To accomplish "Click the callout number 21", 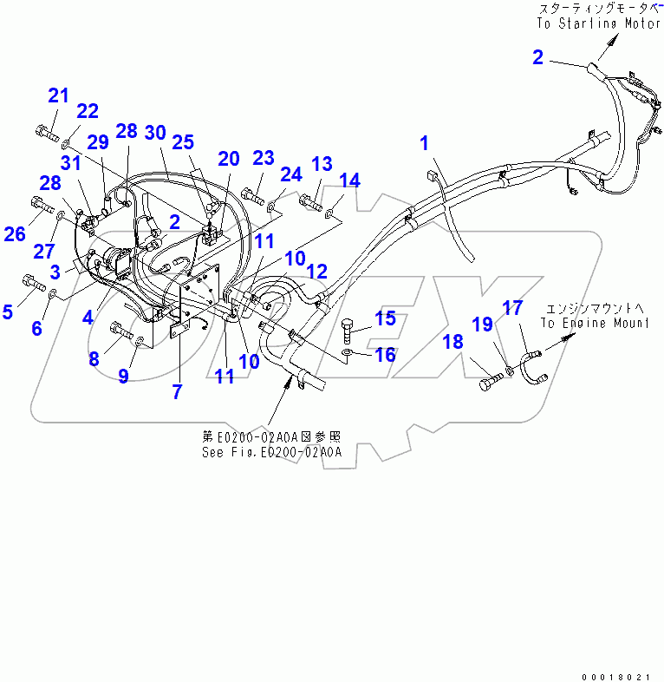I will (x=57, y=95).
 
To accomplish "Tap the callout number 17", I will (x=513, y=307).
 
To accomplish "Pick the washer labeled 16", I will (x=348, y=354).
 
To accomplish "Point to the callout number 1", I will (x=425, y=144).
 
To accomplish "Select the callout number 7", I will (x=177, y=390).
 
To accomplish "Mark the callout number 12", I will (x=317, y=271).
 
